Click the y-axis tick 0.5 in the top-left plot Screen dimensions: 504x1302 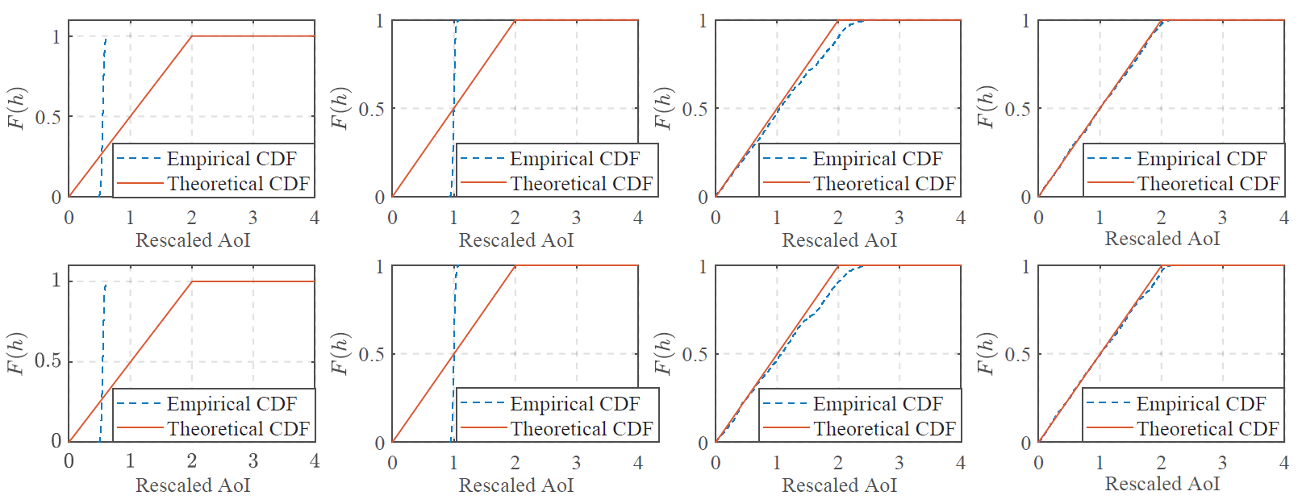point(48,118)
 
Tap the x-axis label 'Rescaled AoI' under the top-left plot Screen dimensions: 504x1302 point(193,240)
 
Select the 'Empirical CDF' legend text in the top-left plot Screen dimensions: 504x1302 point(232,159)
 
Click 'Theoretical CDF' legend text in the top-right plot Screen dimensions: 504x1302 point(1208,184)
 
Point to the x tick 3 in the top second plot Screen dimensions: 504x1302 point(576,218)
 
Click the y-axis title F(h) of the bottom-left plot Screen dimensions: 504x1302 point(17,353)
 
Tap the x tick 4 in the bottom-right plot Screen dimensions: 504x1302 point(1283,463)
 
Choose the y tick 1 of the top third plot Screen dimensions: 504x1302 point(703,21)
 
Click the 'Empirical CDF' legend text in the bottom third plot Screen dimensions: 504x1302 point(877,404)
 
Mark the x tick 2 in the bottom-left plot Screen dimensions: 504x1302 point(192,461)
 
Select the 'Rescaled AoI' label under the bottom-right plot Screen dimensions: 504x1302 point(1162,484)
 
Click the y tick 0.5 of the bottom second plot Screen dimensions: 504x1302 point(371,354)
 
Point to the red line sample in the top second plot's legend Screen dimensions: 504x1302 point(482,184)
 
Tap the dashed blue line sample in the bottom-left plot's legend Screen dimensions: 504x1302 point(139,404)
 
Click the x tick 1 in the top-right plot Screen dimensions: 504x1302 point(1100,218)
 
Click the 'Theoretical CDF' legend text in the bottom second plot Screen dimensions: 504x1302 point(582,429)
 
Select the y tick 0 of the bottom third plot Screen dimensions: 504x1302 point(703,443)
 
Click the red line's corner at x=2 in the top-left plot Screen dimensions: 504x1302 point(192,36)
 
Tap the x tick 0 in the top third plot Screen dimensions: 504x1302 point(716,218)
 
